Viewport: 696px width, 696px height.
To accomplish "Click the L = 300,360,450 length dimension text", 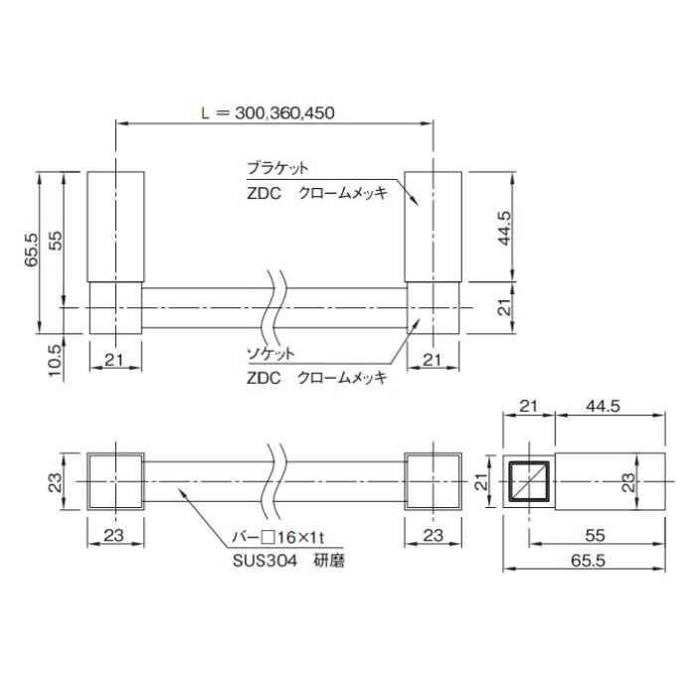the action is pos(267,112).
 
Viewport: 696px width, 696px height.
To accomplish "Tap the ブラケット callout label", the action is pos(277,168).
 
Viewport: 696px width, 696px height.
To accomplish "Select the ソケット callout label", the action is pos(270,353).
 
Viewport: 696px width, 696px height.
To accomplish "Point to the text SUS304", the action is pos(265,561).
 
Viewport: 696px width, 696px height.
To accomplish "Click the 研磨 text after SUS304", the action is pos(329,561).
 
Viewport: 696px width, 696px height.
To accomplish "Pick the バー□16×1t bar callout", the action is pos(278,538).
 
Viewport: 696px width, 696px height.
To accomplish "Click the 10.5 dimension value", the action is pos(55,360).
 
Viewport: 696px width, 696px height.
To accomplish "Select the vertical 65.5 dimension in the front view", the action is pos(32,250).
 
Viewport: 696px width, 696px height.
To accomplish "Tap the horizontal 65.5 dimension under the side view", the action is pos(589,561).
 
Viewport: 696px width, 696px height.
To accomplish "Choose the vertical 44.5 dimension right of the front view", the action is pos(504,228).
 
